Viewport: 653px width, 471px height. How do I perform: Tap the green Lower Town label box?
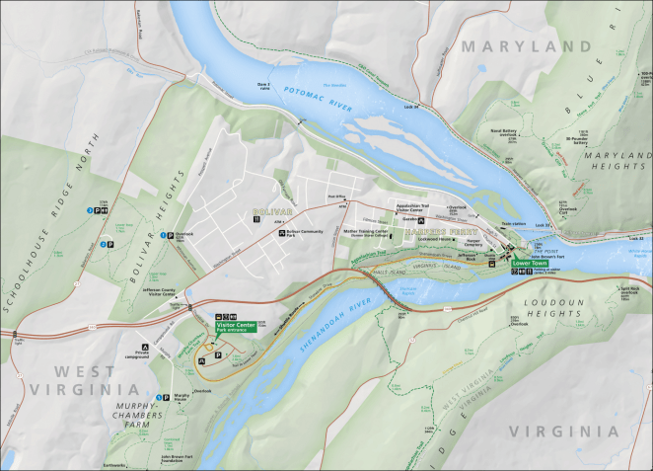(529, 265)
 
